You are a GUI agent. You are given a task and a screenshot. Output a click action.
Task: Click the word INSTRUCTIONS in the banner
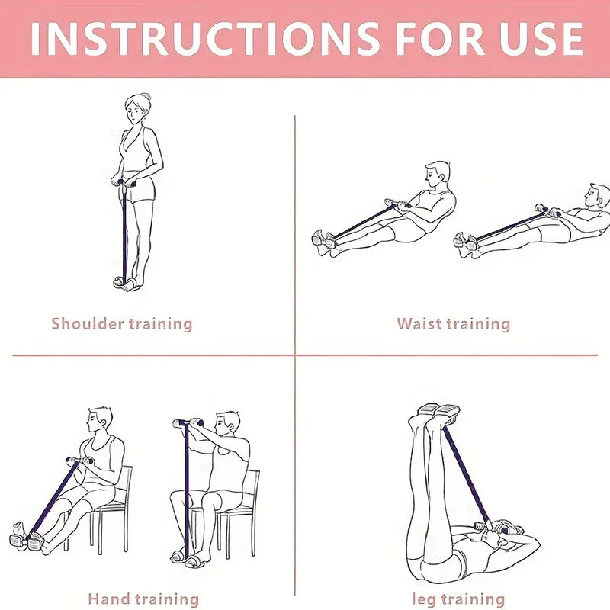(x=205, y=39)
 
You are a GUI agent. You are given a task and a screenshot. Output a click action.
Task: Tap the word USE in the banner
(x=541, y=39)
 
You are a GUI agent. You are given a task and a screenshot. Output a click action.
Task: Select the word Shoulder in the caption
(x=88, y=323)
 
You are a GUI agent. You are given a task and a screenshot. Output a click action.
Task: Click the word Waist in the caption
(x=419, y=323)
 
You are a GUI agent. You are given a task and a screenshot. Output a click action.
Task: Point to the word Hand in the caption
(x=108, y=599)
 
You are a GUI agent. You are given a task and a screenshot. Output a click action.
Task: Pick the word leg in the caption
(x=425, y=599)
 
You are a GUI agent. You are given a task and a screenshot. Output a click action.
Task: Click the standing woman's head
(x=138, y=108)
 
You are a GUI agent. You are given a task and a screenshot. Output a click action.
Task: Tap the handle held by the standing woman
(x=124, y=182)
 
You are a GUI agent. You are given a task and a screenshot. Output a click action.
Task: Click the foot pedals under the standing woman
(x=125, y=283)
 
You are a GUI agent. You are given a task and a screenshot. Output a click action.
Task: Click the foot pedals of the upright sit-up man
(x=323, y=239)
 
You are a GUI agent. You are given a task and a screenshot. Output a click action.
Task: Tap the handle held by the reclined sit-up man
(x=547, y=210)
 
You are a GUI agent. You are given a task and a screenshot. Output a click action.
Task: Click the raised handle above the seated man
(x=188, y=422)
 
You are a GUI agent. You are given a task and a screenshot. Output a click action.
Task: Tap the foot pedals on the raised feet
(x=439, y=411)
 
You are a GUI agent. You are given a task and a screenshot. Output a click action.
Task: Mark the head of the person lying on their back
(x=508, y=530)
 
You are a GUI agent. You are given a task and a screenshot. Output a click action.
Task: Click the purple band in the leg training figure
(x=467, y=475)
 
